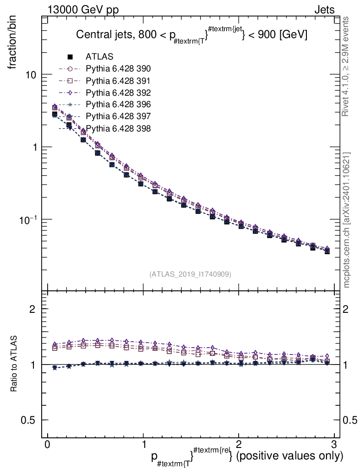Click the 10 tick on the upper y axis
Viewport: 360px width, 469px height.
click(x=31, y=75)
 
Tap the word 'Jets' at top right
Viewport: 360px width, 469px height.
click(x=324, y=10)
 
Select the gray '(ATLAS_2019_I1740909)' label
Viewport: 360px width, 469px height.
click(x=190, y=274)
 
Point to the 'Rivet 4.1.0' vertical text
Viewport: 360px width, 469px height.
click(x=347, y=66)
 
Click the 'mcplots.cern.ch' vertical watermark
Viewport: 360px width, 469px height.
click(x=347, y=220)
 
